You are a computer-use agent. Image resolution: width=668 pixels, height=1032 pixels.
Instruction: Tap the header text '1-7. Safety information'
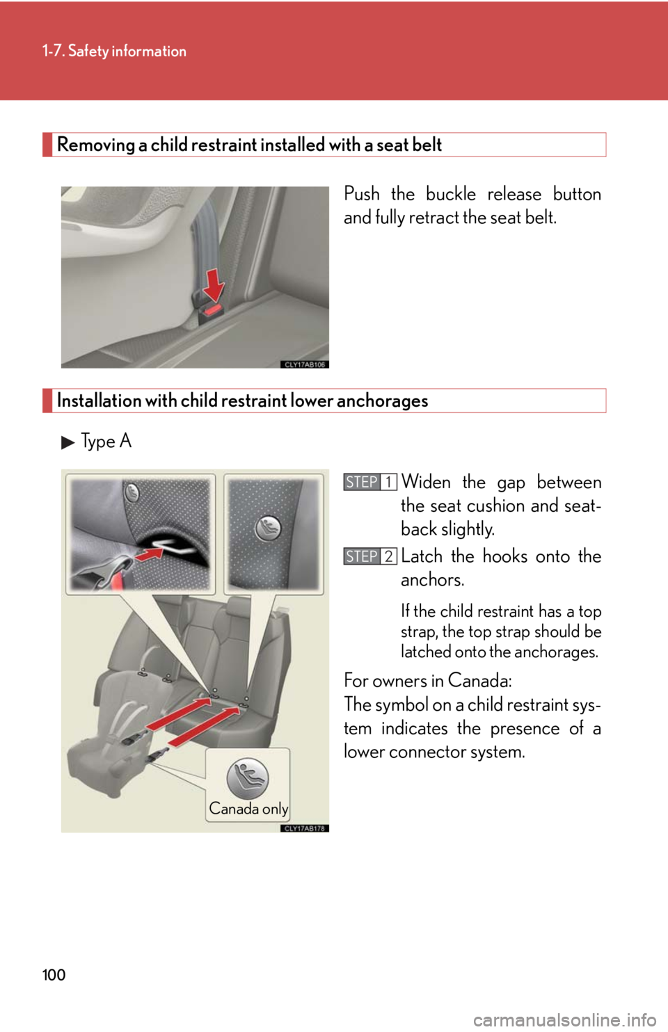(x=114, y=51)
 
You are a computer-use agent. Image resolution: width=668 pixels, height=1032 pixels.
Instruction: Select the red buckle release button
(x=214, y=309)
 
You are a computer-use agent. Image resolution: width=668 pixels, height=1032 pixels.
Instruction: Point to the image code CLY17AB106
(x=304, y=364)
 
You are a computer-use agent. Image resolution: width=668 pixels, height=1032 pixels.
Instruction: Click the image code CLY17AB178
(x=304, y=828)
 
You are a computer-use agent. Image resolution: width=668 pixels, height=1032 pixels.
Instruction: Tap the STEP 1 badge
(x=369, y=482)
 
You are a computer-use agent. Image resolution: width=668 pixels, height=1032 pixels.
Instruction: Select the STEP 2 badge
(x=369, y=556)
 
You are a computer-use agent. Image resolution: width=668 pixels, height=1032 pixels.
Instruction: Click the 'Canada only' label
(x=248, y=809)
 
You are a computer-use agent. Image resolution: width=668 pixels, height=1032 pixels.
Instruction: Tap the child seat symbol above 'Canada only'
(x=248, y=779)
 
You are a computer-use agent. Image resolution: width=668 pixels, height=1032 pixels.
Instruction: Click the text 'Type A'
(x=106, y=442)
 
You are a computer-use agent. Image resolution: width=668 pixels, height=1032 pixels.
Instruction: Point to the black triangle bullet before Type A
(x=67, y=443)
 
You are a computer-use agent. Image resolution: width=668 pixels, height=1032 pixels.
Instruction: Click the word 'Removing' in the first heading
(x=95, y=145)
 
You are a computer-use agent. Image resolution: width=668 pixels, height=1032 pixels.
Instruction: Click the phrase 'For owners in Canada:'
(x=428, y=681)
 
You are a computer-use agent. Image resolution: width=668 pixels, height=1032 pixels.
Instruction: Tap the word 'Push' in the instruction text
(x=362, y=194)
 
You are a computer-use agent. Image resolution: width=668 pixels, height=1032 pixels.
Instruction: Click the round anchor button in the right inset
(x=268, y=528)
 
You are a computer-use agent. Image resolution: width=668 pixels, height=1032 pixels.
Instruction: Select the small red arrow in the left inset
(x=148, y=554)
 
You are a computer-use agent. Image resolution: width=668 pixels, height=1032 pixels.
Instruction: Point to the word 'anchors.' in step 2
(x=432, y=579)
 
